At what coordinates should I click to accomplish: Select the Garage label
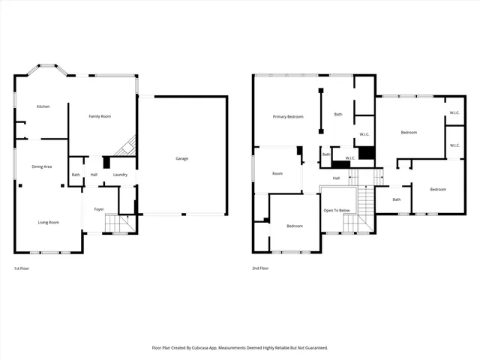click(181, 159)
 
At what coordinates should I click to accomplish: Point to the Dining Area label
click(41, 166)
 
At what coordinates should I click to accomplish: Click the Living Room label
click(49, 222)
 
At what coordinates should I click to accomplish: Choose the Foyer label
click(98, 209)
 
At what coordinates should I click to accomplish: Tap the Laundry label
click(120, 175)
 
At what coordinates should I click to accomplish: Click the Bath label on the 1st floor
click(76, 175)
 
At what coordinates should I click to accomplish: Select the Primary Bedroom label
click(288, 116)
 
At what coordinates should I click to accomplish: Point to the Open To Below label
click(337, 210)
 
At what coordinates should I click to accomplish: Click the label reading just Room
click(277, 173)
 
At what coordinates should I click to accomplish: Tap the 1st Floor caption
click(22, 268)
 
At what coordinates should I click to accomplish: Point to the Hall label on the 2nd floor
click(337, 178)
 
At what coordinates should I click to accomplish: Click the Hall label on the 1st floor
click(94, 175)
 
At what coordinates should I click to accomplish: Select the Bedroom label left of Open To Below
click(294, 226)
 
